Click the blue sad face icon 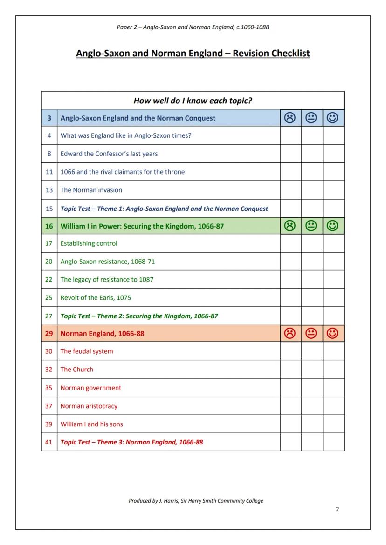[x=290, y=118]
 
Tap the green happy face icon [x=333, y=226]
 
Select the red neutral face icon [x=311, y=333]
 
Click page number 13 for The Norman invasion [x=49, y=190]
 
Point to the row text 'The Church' [x=77, y=370]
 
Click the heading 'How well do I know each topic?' [x=193, y=101]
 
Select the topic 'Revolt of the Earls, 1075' [x=96, y=298]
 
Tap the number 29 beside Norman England [x=49, y=334]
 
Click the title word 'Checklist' [x=285, y=53]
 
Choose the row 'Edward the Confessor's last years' [x=109, y=154]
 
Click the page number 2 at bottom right [x=337, y=509]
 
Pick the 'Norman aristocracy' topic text [x=89, y=406]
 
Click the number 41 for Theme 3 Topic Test [x=49, y=442]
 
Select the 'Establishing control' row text [x=89, y=243]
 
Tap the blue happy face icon [x=333, y=118]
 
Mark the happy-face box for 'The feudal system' [x=333, y=351]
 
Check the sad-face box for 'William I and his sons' [x=290, y=424]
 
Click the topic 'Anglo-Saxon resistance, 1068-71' [x=108, y=262]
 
